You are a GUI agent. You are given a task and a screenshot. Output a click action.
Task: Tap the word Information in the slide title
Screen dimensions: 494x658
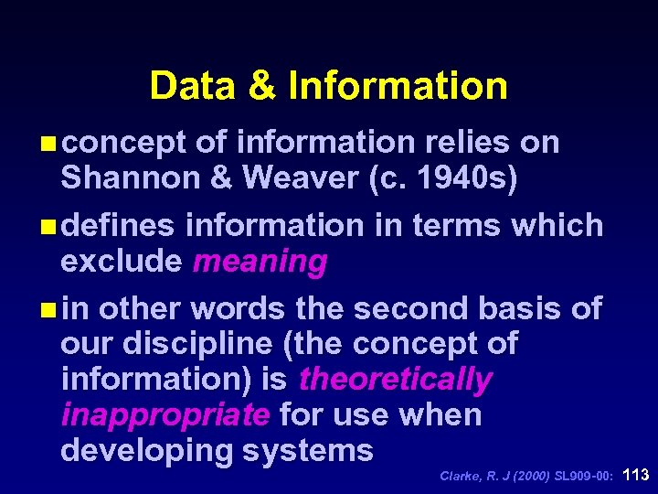(398, 86)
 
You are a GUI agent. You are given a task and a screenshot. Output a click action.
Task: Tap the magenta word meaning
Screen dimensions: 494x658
(260, 262)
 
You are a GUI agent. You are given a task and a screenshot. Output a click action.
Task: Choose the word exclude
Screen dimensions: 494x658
(122, 262)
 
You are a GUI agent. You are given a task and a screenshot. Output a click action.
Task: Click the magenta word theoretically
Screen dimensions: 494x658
(396, 379)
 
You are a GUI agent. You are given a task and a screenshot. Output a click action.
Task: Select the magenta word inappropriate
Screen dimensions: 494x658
(165, 414)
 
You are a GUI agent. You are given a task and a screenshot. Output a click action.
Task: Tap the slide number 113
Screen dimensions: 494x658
(635, 475)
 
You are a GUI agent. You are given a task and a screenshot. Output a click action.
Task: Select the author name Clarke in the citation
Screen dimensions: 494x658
(461, 476)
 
